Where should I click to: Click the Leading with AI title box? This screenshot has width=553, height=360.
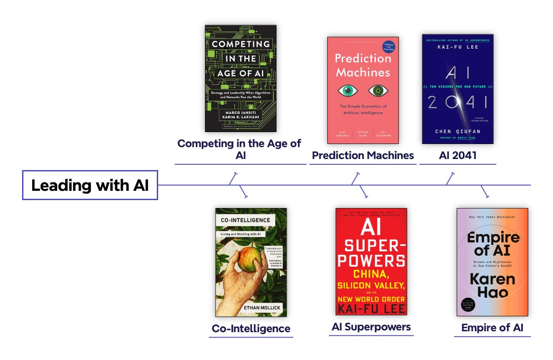pos(90,185)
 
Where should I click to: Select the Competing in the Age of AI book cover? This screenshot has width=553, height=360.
pos(241,78)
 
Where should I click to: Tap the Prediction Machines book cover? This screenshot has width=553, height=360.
pos(363,90)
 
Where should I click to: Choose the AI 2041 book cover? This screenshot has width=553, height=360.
pos(458,89)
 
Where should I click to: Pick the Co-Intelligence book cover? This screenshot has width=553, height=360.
pos(251,262)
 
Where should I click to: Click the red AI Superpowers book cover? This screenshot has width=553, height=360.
pos(371,261)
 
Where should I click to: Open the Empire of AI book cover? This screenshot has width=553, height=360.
pos(492,262)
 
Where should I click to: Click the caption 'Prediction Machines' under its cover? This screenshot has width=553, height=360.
pos(363,155)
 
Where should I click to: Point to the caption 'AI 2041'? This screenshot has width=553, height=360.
pos(458,155)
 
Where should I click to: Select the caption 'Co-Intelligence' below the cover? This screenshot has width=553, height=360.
pos(251,329)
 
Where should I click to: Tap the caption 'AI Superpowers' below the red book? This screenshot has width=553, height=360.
pos(371,327)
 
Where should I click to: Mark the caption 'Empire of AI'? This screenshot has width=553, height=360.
pos(492,328)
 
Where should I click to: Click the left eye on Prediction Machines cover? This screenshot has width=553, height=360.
pos(348,91)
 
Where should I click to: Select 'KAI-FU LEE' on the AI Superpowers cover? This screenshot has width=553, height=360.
pos(371,308)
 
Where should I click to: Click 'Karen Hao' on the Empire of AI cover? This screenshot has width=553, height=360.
pos(492,285)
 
